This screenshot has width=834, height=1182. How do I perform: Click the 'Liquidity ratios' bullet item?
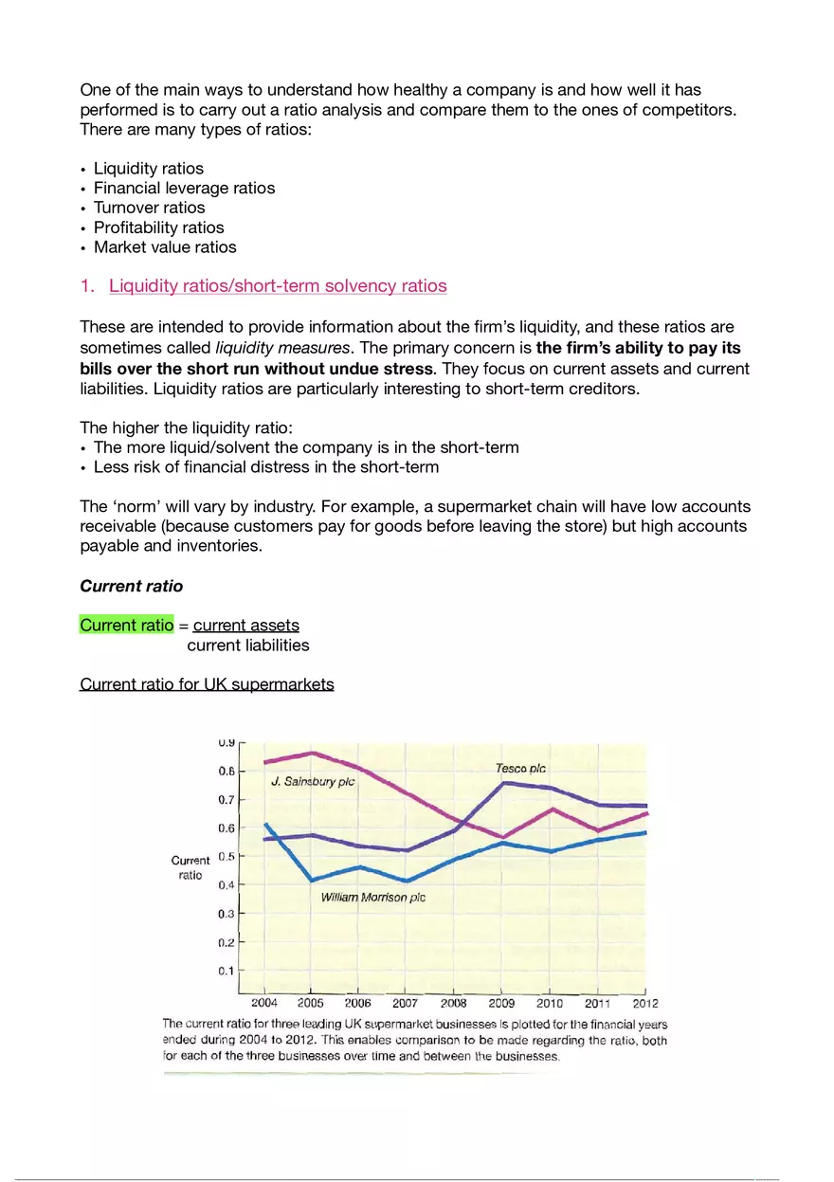148,169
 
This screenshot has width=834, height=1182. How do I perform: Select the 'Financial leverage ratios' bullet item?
184,188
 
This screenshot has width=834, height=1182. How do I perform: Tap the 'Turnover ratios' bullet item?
149,208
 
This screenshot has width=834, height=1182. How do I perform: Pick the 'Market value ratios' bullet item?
165,247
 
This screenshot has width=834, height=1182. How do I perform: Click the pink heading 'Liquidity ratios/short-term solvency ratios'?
278,286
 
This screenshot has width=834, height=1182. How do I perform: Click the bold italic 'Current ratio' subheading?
132,586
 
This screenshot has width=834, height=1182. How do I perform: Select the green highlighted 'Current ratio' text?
127,626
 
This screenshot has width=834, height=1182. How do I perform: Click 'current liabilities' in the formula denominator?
248,646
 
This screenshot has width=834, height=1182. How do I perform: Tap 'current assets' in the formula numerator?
246,626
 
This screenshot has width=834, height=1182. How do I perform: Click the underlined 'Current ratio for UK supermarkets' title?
207,684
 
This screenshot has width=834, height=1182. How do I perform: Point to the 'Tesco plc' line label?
520,769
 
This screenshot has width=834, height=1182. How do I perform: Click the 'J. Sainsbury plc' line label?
313,782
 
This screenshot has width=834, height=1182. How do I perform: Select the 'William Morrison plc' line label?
373,897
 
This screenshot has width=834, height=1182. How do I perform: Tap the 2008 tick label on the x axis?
453,1003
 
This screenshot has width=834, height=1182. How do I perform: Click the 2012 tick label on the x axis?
644,1003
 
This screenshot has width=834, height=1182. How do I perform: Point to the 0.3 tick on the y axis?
227,914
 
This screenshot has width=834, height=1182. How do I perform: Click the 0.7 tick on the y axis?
227,800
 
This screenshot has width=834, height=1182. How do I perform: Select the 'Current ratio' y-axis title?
190,867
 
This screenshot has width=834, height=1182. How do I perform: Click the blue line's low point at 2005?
312,880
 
